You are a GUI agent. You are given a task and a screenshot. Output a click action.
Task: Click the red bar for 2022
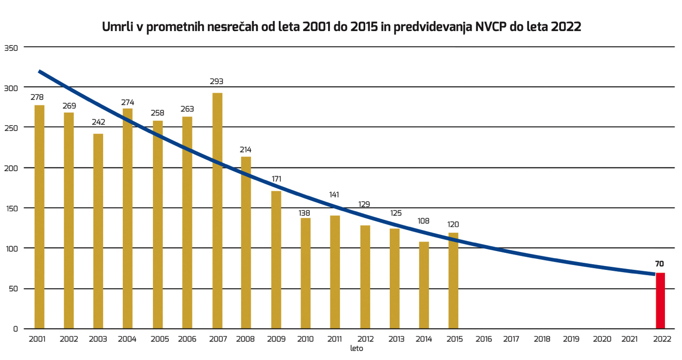(660, 301)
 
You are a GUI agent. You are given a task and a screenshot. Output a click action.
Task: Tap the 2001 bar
(40, 217)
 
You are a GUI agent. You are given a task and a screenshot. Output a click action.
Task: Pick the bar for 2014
(424, 285)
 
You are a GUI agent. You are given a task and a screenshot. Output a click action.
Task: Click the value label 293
(217, 82)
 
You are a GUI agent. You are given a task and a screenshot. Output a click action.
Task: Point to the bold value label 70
(660, 264)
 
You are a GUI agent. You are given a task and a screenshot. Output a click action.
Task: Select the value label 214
(245, 150)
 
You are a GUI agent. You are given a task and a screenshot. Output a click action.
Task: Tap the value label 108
(423, 221)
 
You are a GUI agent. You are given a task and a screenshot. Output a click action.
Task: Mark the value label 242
(98, 122)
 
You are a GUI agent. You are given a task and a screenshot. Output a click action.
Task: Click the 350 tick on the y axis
(11, 48)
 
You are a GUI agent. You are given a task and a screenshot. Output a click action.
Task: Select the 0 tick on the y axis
(15, 329)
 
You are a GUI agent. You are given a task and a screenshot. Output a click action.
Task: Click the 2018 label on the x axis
(542, 339)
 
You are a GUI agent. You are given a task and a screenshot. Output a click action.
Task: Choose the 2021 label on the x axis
(629, 339)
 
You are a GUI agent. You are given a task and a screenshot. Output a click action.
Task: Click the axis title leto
(357, 348)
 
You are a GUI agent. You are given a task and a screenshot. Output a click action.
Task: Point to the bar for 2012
(365, 277)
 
